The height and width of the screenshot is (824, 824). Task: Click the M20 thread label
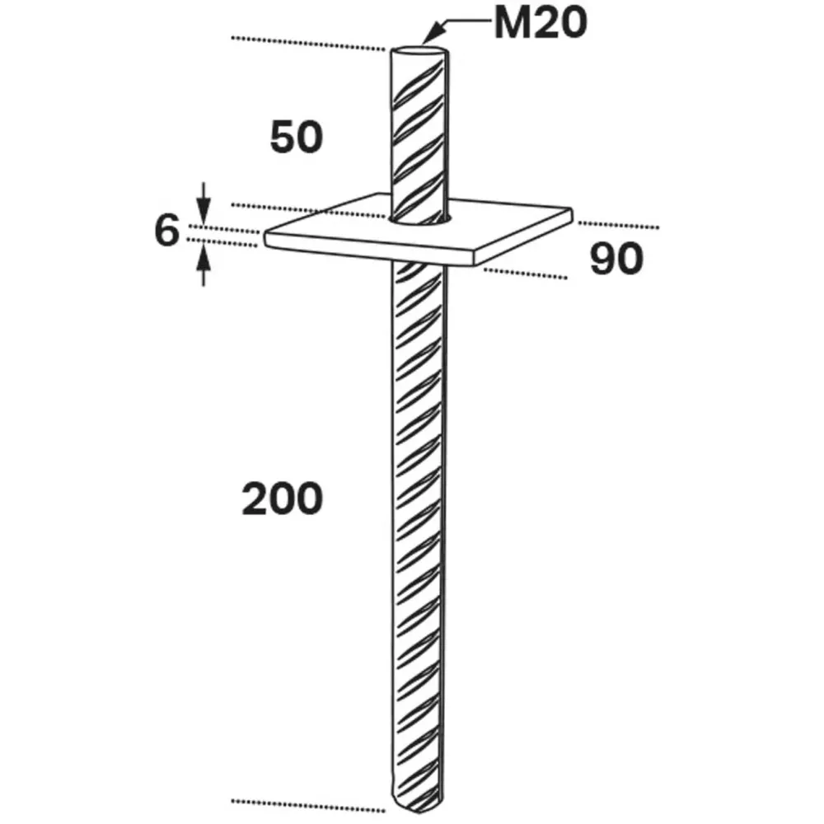(541, 24)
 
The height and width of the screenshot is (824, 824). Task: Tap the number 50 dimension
(297, 137)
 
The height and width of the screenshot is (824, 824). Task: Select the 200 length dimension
(282, 499)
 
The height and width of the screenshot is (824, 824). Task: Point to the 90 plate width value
(616, 259)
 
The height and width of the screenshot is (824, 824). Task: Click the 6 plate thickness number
(167, 231)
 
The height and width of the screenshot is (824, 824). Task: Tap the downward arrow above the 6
(204, 204)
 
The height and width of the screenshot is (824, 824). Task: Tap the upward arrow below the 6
(204, 266)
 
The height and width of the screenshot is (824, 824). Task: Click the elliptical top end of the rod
(418, 52)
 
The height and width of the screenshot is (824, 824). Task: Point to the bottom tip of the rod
(416, 810)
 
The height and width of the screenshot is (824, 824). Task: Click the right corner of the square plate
(571, 211)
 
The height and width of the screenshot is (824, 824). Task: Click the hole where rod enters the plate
(419, 220)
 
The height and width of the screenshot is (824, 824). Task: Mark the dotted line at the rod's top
(308, 44)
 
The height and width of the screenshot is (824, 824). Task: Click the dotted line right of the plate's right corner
(619, 226)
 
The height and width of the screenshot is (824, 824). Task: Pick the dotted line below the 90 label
(526, 274)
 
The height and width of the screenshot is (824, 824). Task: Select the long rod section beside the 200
(419, 536)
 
